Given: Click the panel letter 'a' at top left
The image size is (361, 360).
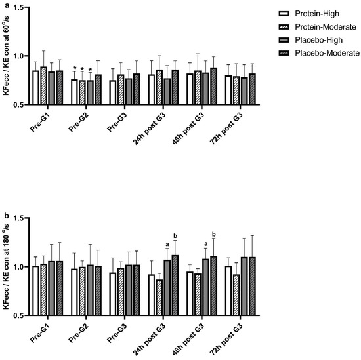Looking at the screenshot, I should [4, 4].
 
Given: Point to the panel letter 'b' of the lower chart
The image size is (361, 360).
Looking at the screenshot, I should [4, 214].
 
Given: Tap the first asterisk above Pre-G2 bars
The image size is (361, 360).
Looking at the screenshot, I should [75, 68].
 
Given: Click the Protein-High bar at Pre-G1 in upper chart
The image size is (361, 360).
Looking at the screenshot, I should [36, 87].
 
